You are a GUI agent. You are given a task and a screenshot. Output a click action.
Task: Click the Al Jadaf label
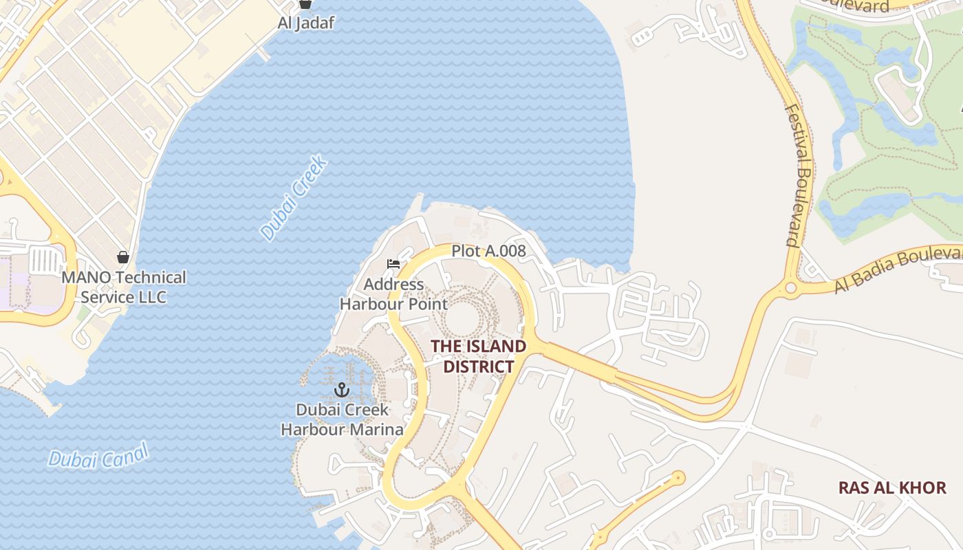[305, 23]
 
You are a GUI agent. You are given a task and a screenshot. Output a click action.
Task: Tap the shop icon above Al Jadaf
[305, 3]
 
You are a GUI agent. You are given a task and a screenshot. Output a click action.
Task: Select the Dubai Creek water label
[294, 199]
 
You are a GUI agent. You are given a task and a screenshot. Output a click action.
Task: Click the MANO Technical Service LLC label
[124, 287]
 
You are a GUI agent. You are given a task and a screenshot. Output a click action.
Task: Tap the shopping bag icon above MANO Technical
[123, 257]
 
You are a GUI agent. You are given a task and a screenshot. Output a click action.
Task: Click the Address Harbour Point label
[393, 294]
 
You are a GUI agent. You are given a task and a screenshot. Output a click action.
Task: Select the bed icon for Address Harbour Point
[393, 264]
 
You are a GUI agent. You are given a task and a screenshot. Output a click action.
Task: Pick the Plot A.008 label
[488, 252]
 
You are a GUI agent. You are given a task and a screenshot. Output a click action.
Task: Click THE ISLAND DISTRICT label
[479, 356]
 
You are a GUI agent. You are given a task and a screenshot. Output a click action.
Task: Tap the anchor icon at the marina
[342, 390]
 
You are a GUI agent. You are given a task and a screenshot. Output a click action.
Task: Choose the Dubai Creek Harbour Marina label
[343, 419]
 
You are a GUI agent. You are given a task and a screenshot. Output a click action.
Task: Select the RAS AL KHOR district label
[892, 488]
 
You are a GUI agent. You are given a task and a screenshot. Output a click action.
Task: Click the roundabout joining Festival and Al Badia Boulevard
[791, 288]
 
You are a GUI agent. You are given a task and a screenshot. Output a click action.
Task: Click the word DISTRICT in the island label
[479, 366]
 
